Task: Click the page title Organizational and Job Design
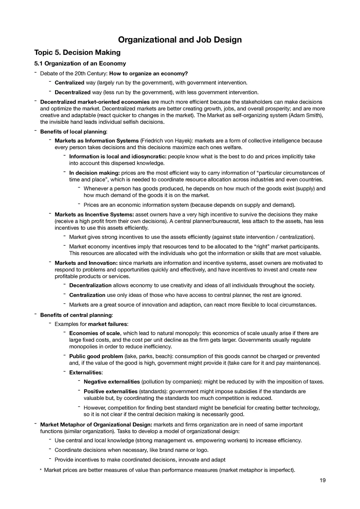tap(180, 40)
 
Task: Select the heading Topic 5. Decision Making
tap(77, 52)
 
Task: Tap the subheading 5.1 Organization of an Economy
tap(80, 63)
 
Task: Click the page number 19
tap(323, 480)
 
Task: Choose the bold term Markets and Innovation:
tap(86, 263)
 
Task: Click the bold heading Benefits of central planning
tap(76, 315)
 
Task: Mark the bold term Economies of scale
tap(94, 333)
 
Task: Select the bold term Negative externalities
tap(112, 382)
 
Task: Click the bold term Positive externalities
tap(110, 391)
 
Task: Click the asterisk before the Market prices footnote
tap(40, 471)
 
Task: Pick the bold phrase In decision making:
tap(94, 173)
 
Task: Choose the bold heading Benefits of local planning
tap(73, 132)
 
